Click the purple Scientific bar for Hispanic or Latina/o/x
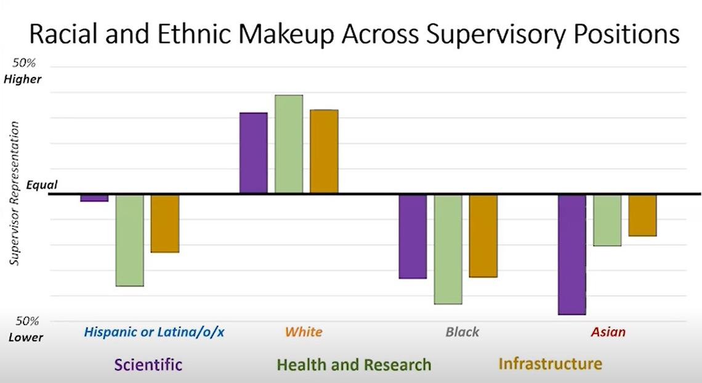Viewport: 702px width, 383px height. [x=94, y=198]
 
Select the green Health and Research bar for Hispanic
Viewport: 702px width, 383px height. [x=129, y=240]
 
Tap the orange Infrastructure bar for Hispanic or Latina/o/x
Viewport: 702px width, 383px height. [x=165, y=223]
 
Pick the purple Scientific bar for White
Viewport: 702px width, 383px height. [x=253, y=153]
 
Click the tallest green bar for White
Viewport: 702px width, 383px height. [x=289, y=144]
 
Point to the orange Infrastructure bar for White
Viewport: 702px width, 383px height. [x=324, y=152]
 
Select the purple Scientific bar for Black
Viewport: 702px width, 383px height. [x=413, y=236]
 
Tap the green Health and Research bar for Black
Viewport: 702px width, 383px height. [x=448, y=249]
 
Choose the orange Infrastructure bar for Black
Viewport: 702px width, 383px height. [x=483, y=236]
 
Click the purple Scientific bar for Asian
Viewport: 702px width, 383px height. [x=572, y=254]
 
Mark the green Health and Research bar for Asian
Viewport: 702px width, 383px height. [x=607, y=220]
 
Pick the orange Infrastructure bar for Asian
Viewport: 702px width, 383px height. [x=642, y=215]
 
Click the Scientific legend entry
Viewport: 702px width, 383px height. [x=148, y=364]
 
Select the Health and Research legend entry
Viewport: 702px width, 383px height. [x=354, y=364]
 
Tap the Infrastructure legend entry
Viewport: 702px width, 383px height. [x=550, y=363]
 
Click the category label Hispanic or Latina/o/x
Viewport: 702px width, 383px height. [x=155, y=332]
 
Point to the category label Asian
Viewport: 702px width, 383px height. [x=608, y=332]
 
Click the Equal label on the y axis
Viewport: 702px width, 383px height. [x=42, y=185]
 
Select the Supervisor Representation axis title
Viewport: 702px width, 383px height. [x=15, y=193]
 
